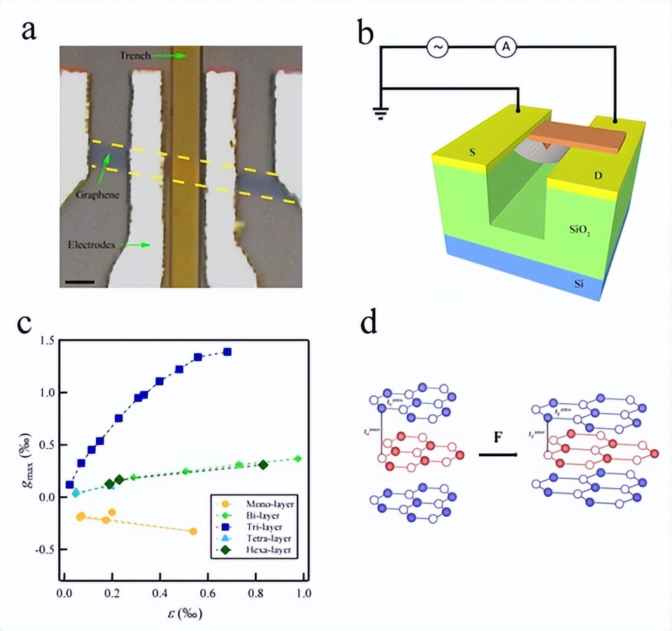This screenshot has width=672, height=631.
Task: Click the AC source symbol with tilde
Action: pyautogui.click(x=438, y=48)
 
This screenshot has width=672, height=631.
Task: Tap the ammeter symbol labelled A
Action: pyautogui.click(x=504, y=48)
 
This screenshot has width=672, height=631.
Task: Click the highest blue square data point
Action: pyautogui.click(x=227, y=352)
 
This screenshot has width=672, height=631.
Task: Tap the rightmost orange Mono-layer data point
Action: pyautogui.click(x=193, y=532)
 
